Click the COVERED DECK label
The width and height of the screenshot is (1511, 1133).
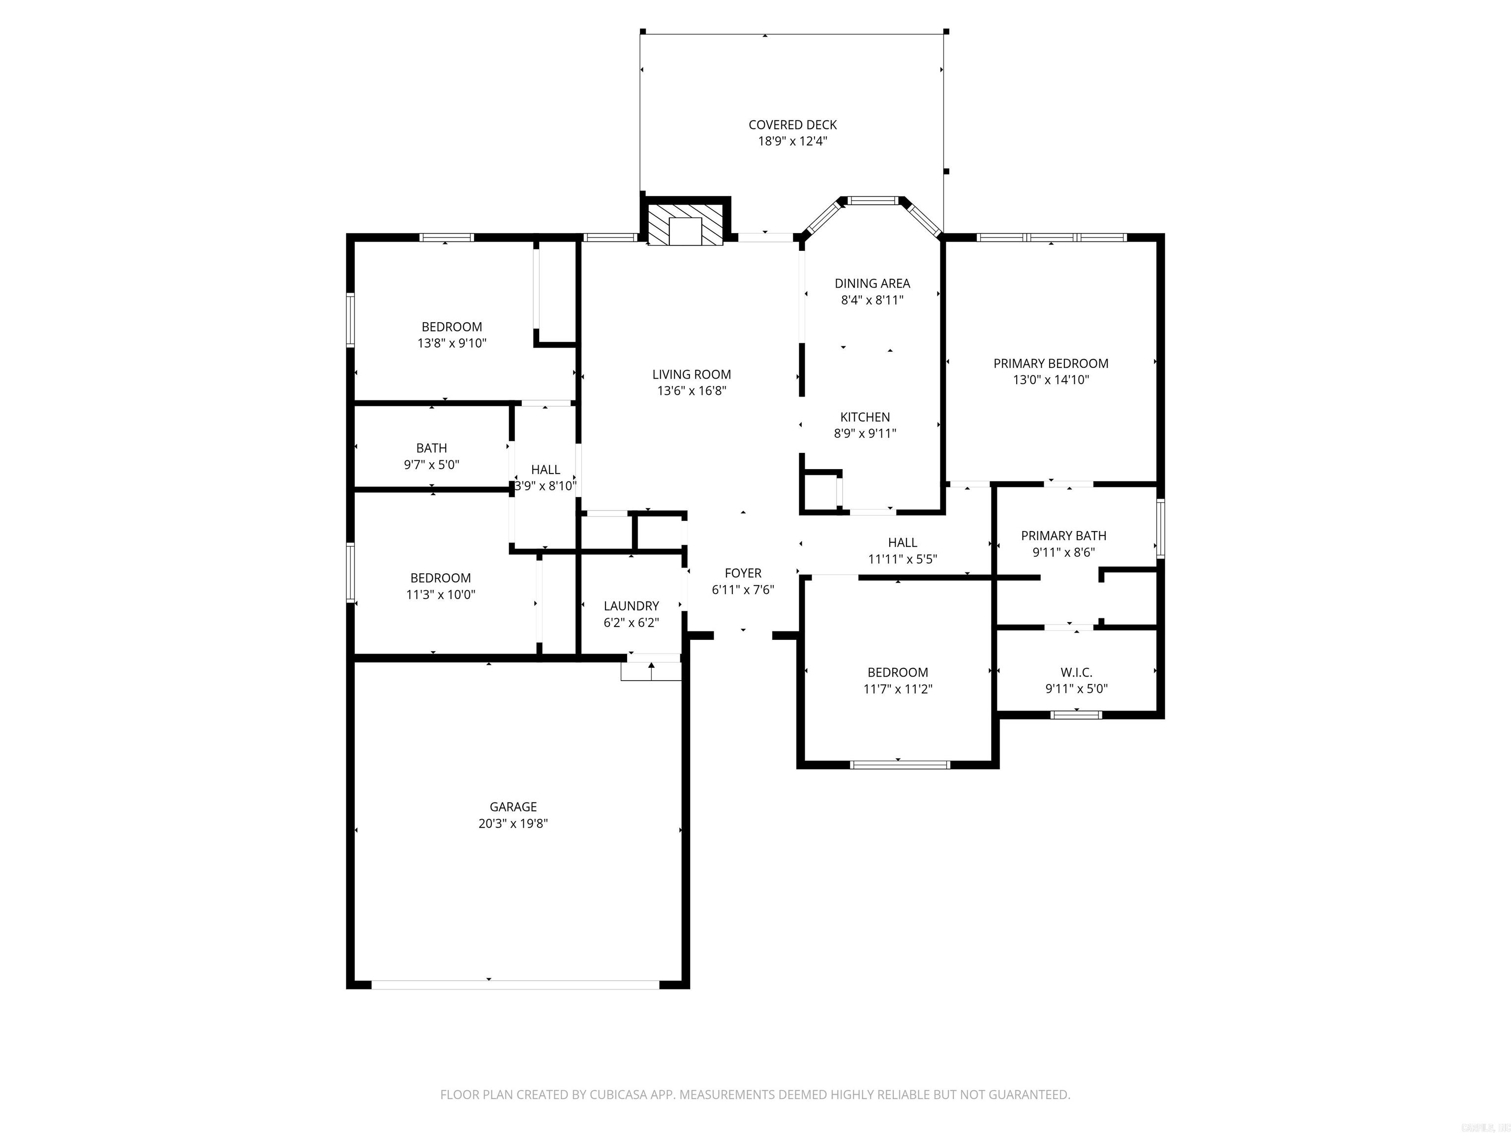click(792, 125)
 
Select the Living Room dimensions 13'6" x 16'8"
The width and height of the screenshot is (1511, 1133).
click(691, 390)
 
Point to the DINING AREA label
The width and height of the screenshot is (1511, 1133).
click(872, 283)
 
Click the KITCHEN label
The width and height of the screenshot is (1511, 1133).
click(865, 417)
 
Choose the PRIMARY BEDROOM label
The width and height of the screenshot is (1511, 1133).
click(1051, 364)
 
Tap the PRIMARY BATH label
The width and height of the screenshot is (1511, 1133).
click(1063, 536)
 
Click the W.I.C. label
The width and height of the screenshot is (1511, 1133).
click(1076, 673)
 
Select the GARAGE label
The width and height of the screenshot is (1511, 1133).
click(513, 806)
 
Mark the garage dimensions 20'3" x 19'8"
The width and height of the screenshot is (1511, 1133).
click(513, 824)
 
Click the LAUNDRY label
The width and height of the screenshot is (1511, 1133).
click(631, 606)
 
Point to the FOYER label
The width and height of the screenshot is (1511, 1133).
click(743, 573)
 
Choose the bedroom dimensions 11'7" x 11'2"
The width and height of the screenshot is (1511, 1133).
click(898, 689)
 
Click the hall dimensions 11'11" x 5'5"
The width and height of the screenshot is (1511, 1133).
click(903, 559)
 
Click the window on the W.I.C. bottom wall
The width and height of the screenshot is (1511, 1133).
click(1076, 715)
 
